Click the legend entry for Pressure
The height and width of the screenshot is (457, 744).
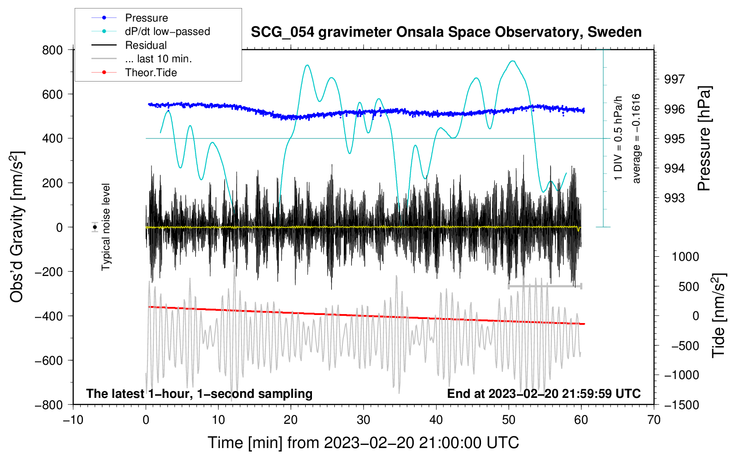coord(146,18)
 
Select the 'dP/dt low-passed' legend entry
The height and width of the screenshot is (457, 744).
coord(167,31)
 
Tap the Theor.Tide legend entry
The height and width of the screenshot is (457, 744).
coord(151,73)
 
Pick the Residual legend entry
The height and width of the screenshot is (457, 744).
coord(146,45)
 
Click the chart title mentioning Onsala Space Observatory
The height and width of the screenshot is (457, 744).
coord(446,32)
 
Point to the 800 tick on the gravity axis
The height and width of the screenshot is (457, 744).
coord(52,50)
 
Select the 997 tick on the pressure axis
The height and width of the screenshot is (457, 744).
coord(674,79)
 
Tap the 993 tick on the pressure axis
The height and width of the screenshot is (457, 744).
coord(674,198)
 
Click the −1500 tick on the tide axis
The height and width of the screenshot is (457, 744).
coord(682,405)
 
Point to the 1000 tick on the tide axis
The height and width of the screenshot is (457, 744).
coord(685,257)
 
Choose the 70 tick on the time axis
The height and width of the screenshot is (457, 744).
coord(654,420)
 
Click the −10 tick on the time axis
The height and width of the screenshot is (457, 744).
coord(73,420)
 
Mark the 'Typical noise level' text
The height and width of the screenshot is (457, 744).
coord(106,227)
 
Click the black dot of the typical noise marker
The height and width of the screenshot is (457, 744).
coord(95,227)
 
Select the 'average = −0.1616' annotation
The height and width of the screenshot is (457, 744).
coord(636,138)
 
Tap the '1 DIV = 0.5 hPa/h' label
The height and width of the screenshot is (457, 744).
coord(619,138)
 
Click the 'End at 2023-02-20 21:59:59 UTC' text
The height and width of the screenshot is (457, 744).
coord(544,393)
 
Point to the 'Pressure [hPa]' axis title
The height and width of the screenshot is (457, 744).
coord(704,138)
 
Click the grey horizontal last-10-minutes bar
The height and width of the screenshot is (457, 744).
coord(545,286)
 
